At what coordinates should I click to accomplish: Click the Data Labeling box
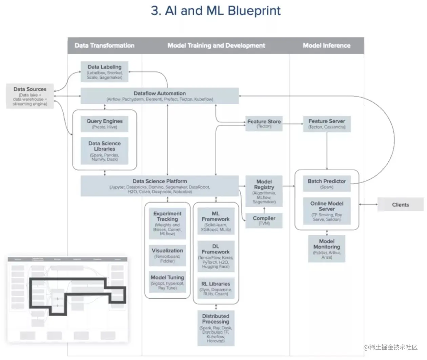[x=104, y=71]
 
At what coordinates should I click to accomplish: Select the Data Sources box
[x=30, y=96]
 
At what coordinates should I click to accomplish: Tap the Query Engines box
[x=104, y=124]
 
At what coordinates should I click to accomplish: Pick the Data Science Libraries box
[x=104, y=151]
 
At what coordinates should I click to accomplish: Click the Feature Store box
[x=264, y=123]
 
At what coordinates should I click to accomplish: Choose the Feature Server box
[x=327, y=124]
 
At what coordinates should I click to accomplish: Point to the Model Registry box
[x=264, y=191]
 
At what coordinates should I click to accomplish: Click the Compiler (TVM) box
[x=264, y=220]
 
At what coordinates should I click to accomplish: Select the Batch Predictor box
[x=327, y=184]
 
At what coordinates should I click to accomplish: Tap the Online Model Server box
[x=327, y=211]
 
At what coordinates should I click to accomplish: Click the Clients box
[x=400, y=205]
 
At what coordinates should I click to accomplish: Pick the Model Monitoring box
[x=327, y=249]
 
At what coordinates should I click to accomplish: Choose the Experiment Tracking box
[x=167, y=223]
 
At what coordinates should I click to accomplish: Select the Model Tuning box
[x=167, y=282]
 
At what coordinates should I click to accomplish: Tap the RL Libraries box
[x=216, y=288]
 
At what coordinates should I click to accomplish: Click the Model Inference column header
[x=326, y=45]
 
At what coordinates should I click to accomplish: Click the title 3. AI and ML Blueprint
[x=216, y=10]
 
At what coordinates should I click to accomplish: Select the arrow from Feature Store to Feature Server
[x=293, y=124]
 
